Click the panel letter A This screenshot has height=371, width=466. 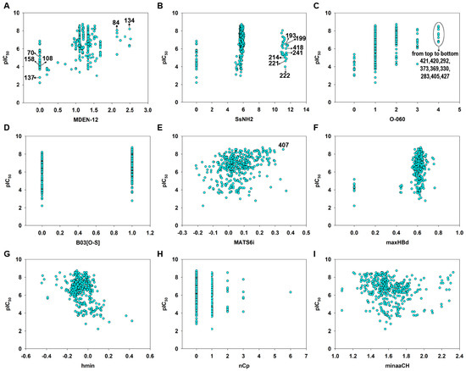pos(7,6)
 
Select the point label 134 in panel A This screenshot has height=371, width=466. pos(129,20)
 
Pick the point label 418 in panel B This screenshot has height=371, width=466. pos(298,47)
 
